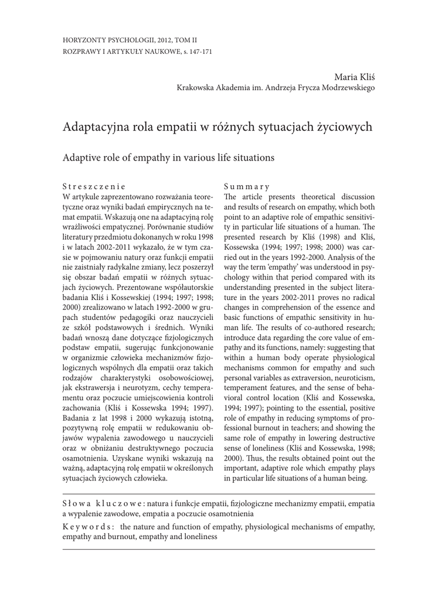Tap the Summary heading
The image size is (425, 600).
pyautogui.click(x=246, y=186)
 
